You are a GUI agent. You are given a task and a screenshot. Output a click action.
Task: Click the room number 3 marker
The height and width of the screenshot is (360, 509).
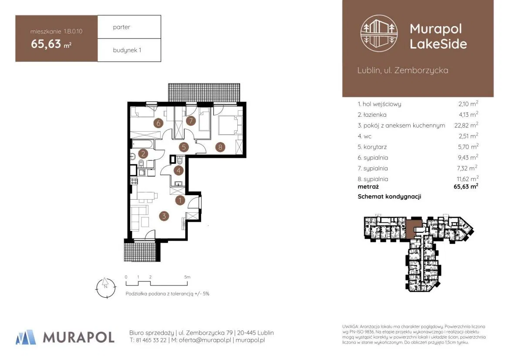pos(164,216)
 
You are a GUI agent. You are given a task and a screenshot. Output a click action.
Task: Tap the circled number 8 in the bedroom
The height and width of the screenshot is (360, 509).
pos(220,147)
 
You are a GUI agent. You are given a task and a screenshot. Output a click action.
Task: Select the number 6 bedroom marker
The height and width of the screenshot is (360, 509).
pos(158,123)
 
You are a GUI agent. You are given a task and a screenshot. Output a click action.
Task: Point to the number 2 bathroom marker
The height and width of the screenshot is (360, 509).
pos(143,154)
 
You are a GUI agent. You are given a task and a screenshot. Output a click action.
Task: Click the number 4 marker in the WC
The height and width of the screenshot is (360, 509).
pos(179,170)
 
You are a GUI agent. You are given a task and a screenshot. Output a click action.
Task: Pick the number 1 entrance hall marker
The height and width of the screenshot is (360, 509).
pos(180,200)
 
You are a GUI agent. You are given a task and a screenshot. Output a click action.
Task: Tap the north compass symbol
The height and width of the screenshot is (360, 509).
pos(106,288)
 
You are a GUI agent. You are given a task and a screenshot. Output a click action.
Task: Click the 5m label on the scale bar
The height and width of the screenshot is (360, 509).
pos(187,277)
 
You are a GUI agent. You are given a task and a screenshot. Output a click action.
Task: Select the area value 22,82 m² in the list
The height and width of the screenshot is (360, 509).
pos(466,125)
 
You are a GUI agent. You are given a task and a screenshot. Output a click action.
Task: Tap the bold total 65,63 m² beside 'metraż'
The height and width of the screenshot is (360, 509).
pos(466,187)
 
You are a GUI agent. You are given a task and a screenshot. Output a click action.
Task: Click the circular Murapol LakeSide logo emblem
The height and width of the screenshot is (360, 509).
pos(379,33)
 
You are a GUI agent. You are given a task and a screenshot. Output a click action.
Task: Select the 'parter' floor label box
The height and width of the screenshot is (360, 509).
pos(129,27)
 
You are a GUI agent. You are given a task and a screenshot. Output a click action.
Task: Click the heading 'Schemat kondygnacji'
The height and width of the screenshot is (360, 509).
pos(389,197)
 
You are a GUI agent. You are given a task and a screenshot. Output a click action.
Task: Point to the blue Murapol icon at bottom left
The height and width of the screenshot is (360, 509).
pos(26,337)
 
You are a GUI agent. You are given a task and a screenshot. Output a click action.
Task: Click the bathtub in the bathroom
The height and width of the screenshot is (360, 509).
pos(143,144)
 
